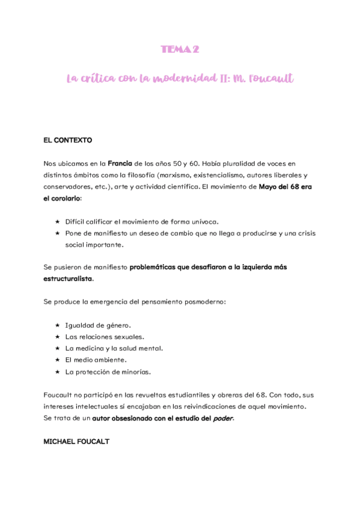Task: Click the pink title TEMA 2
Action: coord(180,50)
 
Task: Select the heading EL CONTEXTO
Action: coord(67,140)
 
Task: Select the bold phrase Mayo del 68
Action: coord(279,187)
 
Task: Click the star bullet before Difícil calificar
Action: coord(57,222)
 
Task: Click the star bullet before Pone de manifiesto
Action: coord(57,233)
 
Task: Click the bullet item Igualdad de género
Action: coord(97,326)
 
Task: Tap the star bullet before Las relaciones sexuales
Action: coord(57,337)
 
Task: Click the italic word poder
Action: coord(222,418)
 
